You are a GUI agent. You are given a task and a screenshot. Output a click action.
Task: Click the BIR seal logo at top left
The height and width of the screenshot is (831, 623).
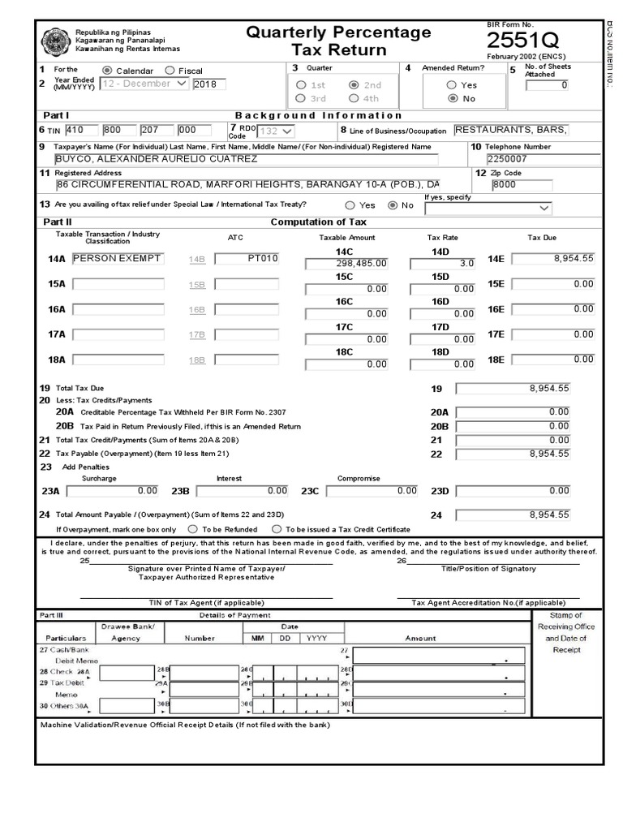tap(55, 42)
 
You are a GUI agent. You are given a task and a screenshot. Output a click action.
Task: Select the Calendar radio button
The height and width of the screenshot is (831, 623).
tap(108, 71)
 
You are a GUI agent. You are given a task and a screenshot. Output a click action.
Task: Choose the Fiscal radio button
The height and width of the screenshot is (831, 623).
tap(170, 71)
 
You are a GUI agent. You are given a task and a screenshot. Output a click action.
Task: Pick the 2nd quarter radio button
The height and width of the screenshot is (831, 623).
tap(354, 84)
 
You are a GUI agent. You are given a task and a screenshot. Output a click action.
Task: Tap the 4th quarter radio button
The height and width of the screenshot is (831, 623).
tap(354, 98)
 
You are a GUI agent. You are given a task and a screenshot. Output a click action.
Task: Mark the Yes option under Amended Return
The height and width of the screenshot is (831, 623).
tap(452, 84)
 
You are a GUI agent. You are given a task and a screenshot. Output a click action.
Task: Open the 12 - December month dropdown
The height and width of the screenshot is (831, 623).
tap(144, 84)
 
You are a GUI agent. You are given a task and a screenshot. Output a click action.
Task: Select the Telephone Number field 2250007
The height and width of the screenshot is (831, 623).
tap(543, 159)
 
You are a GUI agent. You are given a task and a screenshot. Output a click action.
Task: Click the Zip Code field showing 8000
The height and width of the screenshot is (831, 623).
tap(520, 185)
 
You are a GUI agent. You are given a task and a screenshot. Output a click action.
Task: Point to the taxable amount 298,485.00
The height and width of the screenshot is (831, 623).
tap(346, 264)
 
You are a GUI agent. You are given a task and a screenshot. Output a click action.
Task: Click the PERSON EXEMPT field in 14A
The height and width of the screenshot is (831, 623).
tap(117, 259)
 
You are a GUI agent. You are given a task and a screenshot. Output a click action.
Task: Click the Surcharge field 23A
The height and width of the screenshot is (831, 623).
tap(113, 491)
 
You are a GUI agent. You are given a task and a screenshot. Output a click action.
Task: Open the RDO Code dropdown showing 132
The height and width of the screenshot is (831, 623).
tap(276, 131)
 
